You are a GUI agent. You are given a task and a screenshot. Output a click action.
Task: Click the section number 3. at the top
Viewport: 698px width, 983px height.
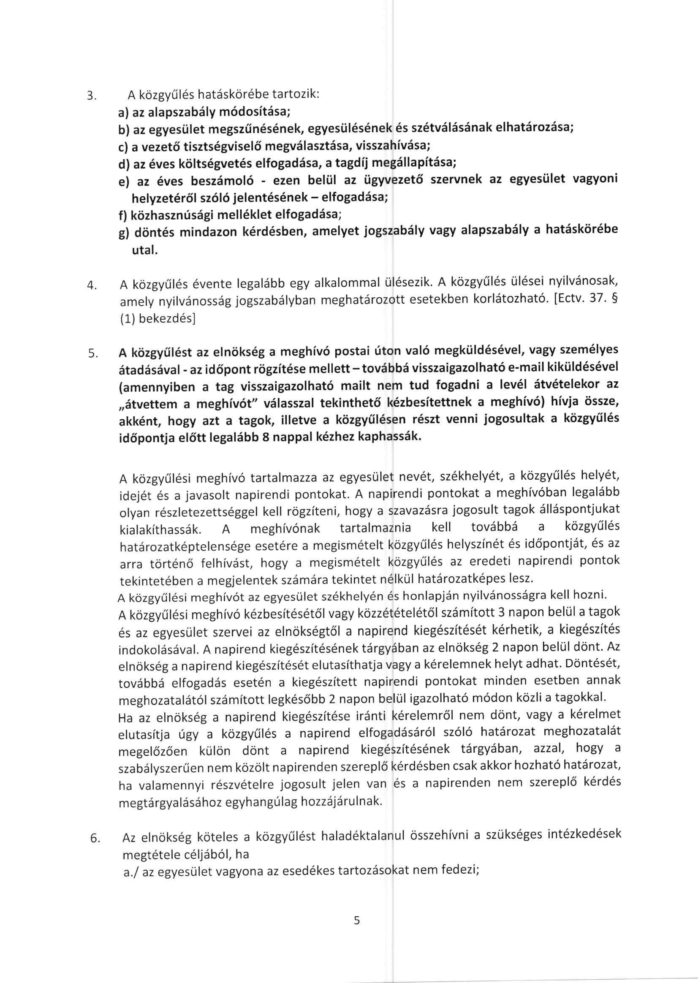pos(90,98)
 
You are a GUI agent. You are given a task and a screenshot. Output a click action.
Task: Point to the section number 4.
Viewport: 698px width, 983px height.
pos(91,285)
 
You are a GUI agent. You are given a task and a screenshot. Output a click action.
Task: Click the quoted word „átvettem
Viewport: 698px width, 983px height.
pos(152,404)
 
